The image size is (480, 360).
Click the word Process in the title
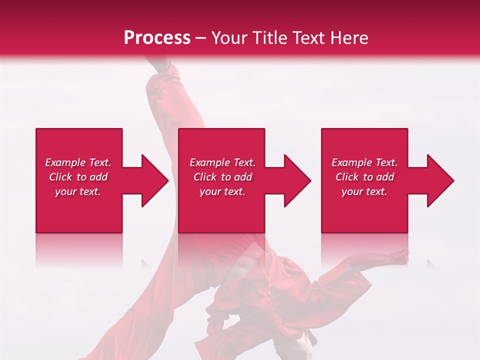(x=157, y=38)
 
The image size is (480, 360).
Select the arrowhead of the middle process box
(x=297, y=180)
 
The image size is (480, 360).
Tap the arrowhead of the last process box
(x=439, y=180)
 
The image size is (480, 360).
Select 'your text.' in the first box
(x=78, y=191)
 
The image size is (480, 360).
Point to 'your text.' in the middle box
(x=222, y=191)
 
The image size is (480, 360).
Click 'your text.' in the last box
(x=364, y=191)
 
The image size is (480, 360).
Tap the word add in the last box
(x=385, y=177)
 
